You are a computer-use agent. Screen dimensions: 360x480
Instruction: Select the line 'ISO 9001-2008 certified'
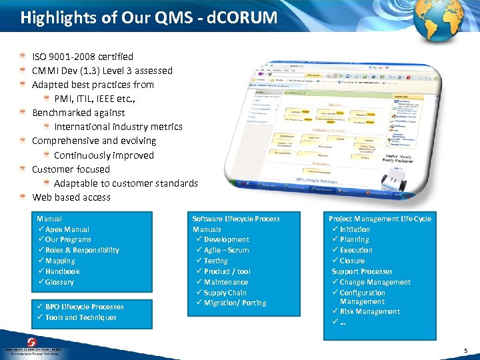coord(83,57)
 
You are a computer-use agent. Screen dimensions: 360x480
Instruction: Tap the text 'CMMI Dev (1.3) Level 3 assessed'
coord(102,71)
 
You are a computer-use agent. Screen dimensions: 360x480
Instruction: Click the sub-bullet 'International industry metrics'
coord(118,127)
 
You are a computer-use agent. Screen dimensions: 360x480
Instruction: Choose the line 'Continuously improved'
coord(104,155)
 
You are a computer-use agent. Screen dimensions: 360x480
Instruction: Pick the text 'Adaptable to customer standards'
coord(126,183)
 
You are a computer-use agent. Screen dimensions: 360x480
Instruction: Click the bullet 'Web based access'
coord(71,197)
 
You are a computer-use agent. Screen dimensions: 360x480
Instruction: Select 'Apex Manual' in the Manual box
coord(67,229)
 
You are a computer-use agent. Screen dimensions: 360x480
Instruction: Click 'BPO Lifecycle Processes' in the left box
coord(84,307)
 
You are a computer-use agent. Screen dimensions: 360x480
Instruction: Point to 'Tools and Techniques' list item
coord(81,317)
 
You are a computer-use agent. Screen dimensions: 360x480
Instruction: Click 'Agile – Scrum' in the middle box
coord(226,250)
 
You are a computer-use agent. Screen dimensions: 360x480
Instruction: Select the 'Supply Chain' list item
coord(225,293)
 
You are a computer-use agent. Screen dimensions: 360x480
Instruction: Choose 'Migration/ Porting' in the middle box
coord(235,303)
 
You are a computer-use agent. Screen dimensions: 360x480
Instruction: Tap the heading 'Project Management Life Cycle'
coord(379,219)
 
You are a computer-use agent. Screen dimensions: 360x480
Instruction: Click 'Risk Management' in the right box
coord(369,311)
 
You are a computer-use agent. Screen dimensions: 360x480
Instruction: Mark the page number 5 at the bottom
coord(465,351)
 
